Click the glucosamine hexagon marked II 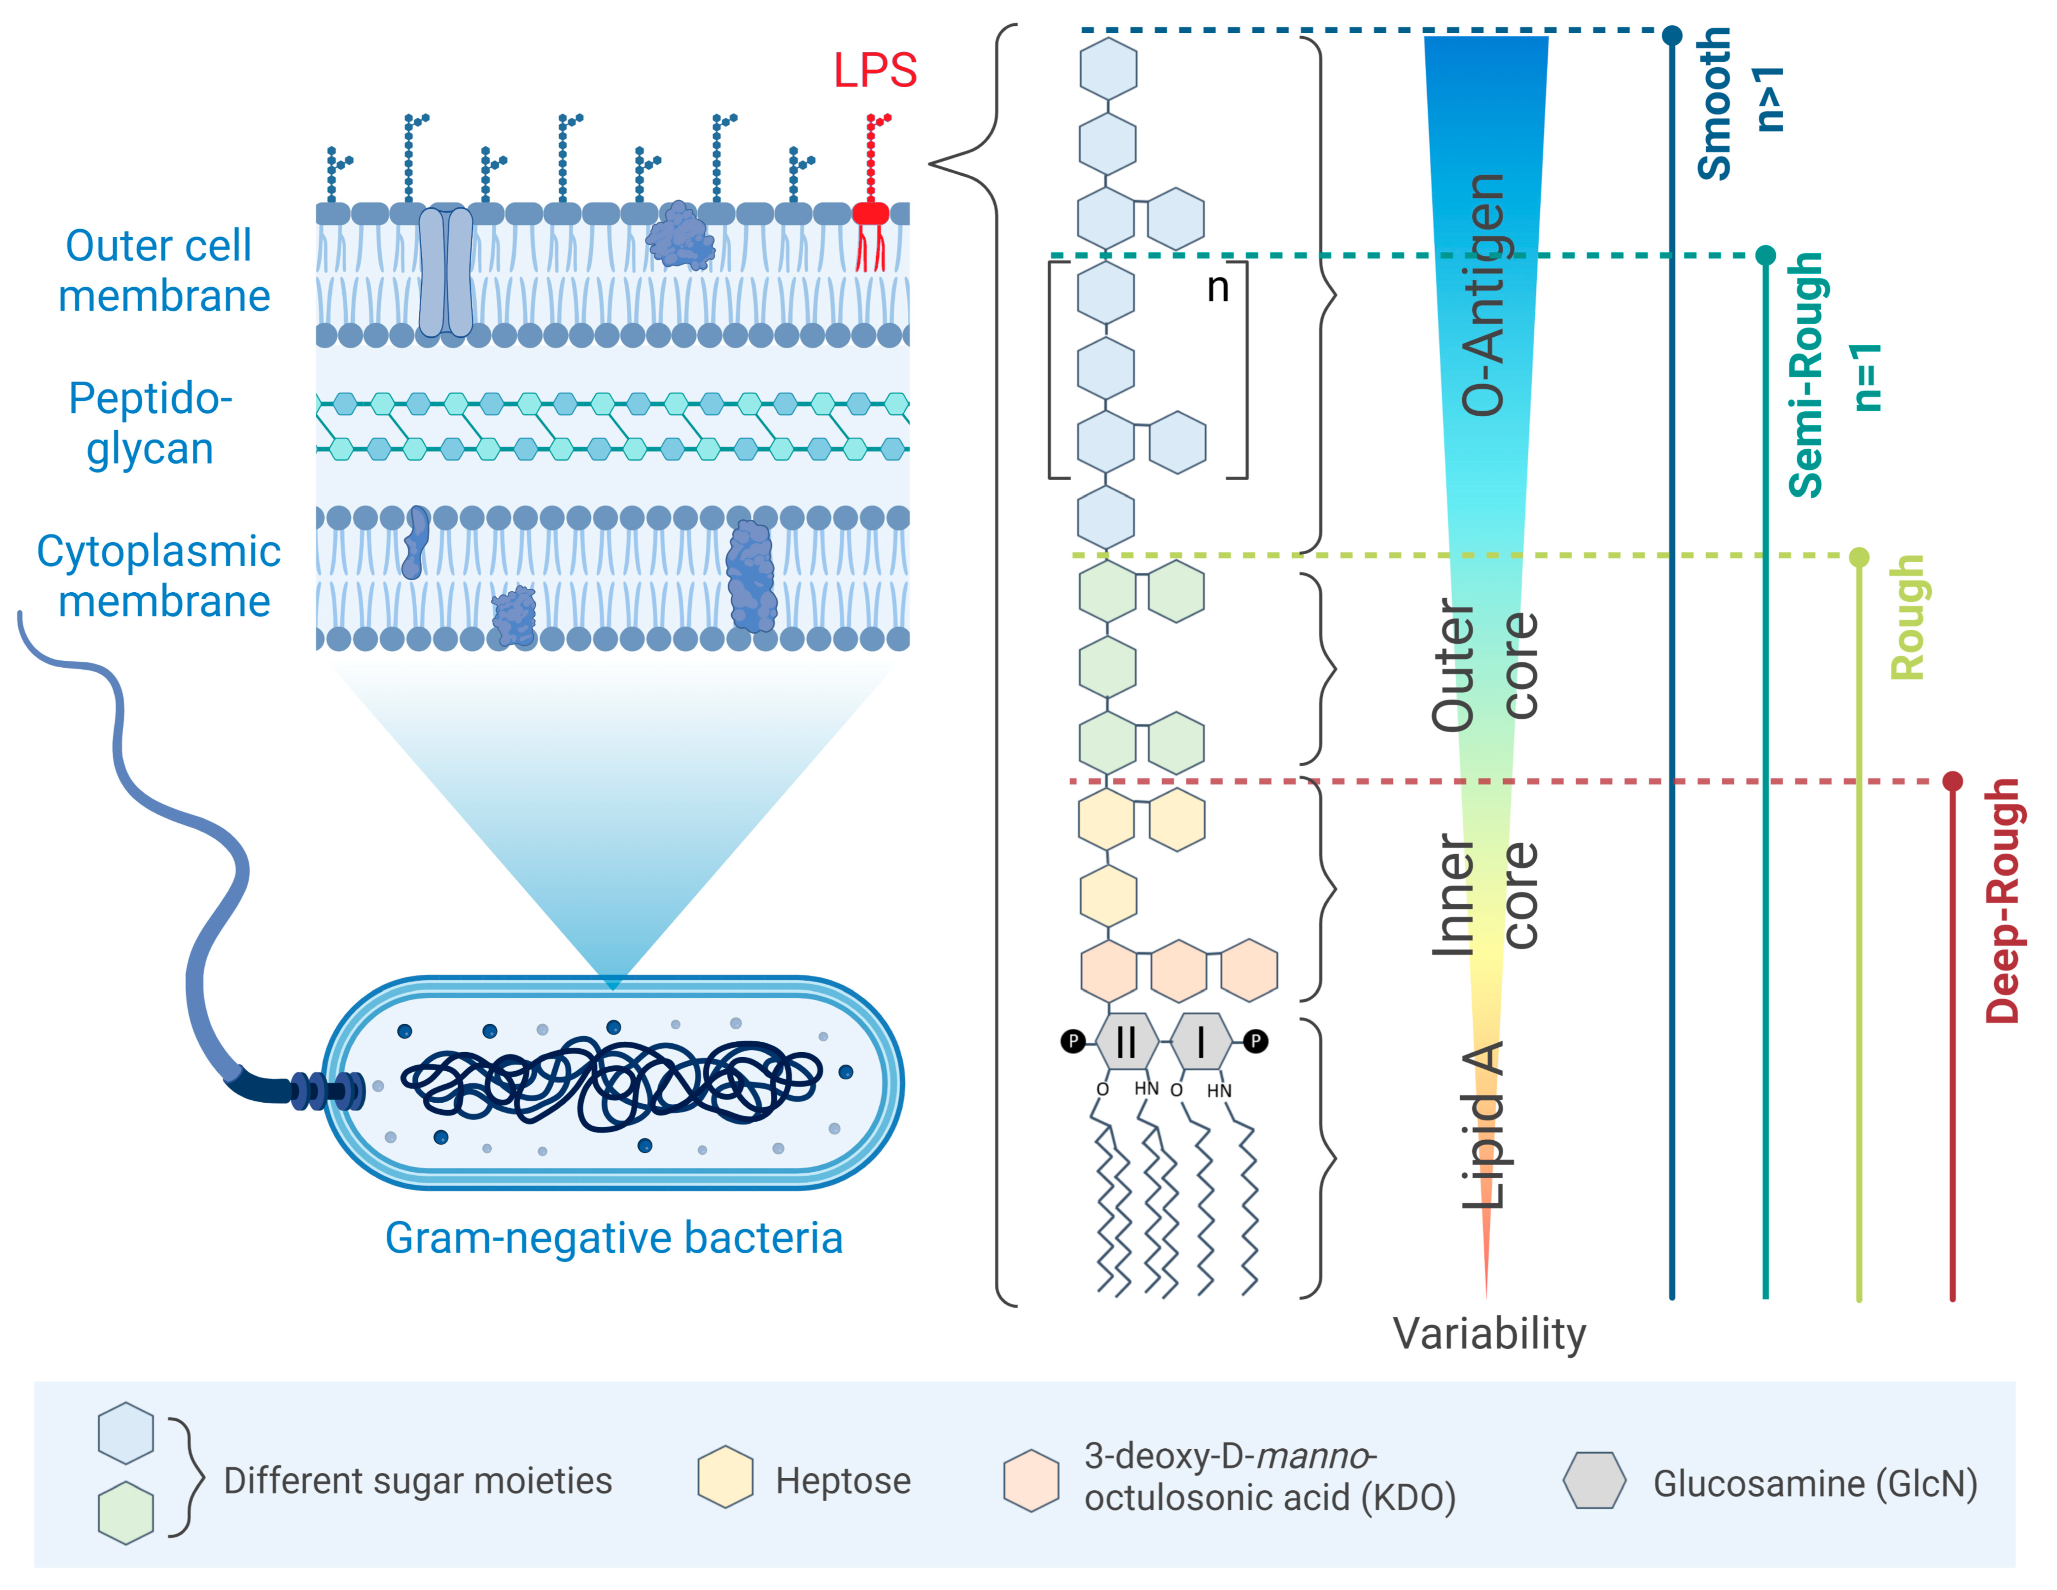click(x=1126, y=1042)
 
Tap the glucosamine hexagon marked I click(x=1200, y=1042)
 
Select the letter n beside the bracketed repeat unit click(x=1218, y=287)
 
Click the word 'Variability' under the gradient click(x=1489, y=1334)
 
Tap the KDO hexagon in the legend click(x=1031, y=1481)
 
